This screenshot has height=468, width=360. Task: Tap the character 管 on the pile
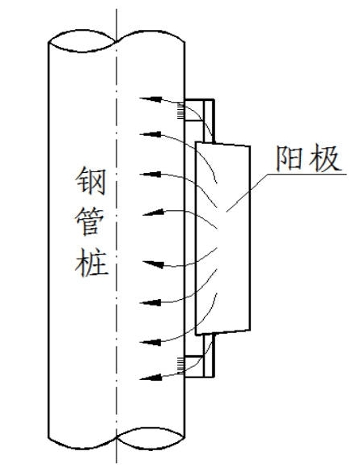click(x=91, y=221)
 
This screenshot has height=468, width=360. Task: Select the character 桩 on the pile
click(x=91, y=263)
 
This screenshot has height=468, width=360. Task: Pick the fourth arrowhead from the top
click(x=154, y=213)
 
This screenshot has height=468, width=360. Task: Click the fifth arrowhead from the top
click(x=154, y=264)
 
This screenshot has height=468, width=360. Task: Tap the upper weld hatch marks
click(x=180, y=111)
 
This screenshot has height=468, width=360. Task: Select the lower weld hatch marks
click(x=180, y=365)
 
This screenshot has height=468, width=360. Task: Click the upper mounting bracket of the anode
click(x=200, y=120)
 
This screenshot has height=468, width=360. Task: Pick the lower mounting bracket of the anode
click(x=200, y=356)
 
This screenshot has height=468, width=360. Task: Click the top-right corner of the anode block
click(x=250, y=146)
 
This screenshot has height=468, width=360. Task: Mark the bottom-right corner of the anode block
click(x=250, y=330)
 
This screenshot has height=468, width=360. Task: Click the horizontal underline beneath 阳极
click(x=307, y=174)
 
